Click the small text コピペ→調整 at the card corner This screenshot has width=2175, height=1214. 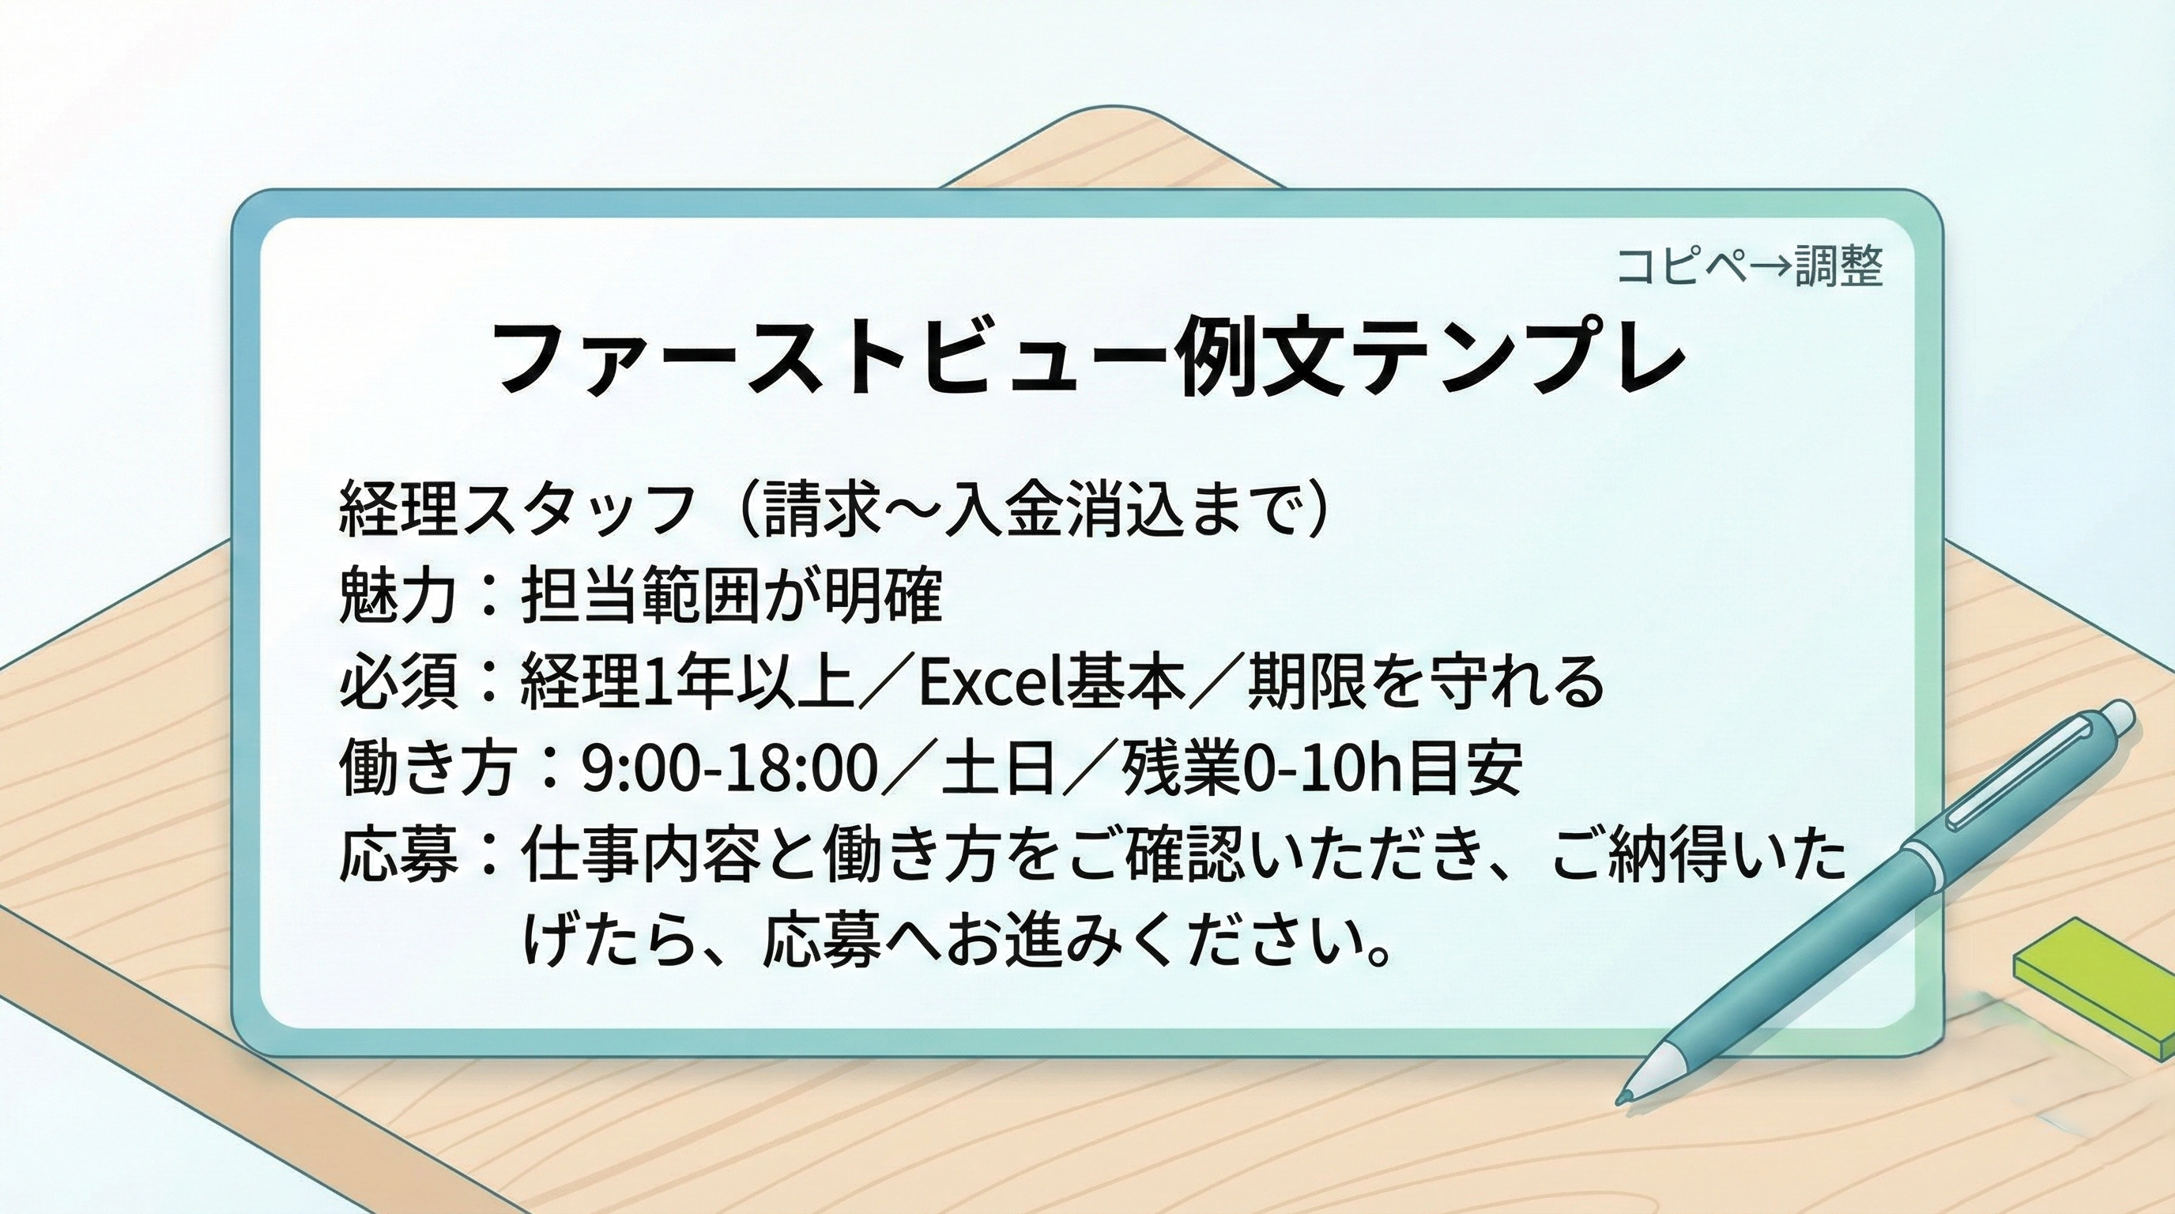(1748, 267)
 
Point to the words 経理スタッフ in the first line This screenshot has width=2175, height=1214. (516, 509)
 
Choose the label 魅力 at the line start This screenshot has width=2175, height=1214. (398, 595)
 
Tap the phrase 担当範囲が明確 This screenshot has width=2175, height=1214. (731, 595)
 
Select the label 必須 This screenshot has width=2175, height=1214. (398, 681)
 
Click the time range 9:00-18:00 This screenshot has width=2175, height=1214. (729, 768)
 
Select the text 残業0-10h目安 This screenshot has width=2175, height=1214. (1321, 768)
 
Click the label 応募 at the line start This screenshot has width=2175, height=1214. (398, 855)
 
